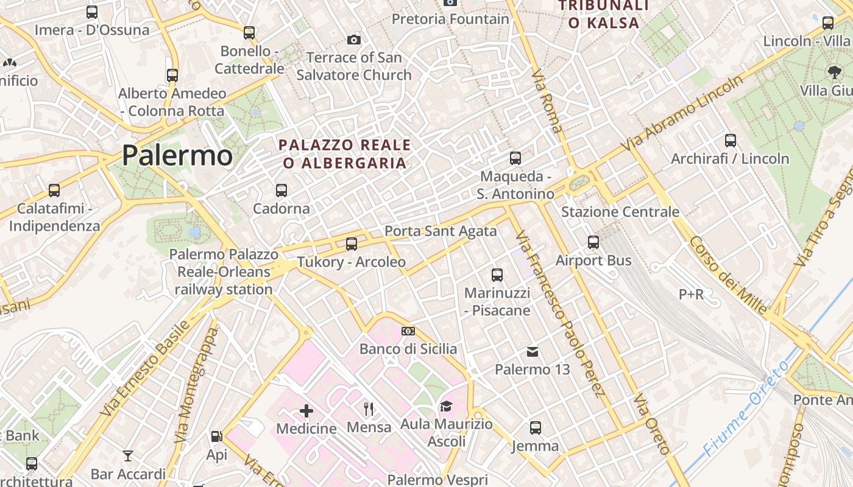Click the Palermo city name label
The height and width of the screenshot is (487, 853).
pos(177,156)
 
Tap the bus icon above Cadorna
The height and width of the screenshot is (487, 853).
pos(281,190)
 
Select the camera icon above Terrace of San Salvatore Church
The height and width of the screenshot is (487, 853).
pos(353,40)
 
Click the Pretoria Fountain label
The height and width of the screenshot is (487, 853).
pos(450,19)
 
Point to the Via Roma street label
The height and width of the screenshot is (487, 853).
pos(547,100)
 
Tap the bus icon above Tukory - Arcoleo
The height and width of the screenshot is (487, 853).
pos(352,244)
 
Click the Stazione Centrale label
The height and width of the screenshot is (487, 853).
pos(620,212)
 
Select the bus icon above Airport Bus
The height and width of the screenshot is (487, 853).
pos(593,242)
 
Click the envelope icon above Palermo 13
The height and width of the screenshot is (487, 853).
pos(533,351)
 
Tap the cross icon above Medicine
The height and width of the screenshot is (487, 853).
pos(306,411)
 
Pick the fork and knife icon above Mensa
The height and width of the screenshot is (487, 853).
pos(368,408)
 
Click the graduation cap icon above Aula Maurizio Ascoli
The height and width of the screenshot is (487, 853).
pos(447,406)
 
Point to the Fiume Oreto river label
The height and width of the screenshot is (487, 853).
pos(746,408)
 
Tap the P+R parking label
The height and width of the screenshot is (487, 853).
pos(691,295)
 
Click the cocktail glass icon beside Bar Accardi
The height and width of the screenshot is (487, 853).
pos(128,455)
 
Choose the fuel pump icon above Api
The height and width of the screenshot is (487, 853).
pos(216,436)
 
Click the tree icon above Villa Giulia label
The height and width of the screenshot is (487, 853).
pos(834,72)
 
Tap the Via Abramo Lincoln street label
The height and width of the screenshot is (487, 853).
pos(682,114)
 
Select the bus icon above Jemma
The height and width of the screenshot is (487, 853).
pos(535,428)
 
